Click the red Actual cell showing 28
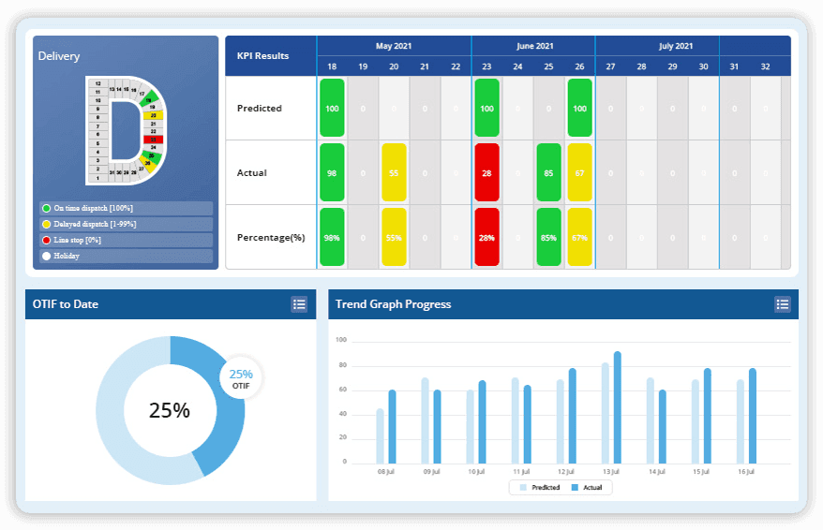(486, 172)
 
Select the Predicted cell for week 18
(332, 108)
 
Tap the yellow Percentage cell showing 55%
(394, 237)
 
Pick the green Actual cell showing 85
(548, 172)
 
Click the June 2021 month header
(534, 46)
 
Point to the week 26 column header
(579, 66)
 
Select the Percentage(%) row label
(271, 237)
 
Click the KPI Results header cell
(263, 56)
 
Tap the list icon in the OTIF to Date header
(299, 303)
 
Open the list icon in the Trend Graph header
(782, 303)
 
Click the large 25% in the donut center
(170, 410)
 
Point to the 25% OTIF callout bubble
(241, 378)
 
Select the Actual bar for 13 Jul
(617, 407)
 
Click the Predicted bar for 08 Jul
(380, 435)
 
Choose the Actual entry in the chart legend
(588, 488)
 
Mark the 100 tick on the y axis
(341, 340)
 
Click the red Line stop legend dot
(46, 241)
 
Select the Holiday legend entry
(67, 256)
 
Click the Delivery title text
(59, 56)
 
